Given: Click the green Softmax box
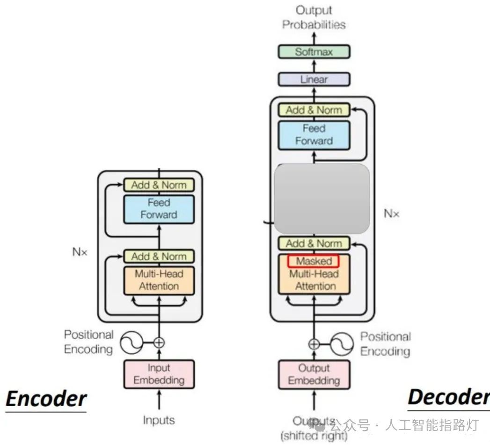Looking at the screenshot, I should pyautogui.click(x=314, y=51).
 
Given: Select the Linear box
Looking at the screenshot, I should pyautogui.click(x=314, y=79).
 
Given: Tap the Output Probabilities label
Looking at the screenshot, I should pyautogui.click(x=314, y=17).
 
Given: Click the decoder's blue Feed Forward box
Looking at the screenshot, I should pyautogui.click(x=314, y=135).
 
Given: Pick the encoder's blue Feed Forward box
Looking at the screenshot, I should pyautogui.click(x=159, y=209).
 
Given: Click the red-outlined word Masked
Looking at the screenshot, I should pyautogui.click(x=314, y=261).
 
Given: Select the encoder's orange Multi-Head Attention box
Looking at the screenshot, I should pyautogui.click(x=159, y=280).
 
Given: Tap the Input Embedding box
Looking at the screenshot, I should pyautogui.click(x=159, y=374).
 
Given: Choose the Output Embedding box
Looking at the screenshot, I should pyautogui.click(x=314, y=374).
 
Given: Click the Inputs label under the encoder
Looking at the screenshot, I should pyautogui.click(x=159, y=420).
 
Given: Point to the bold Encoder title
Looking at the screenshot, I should pyautogui.click(x=46, y=399).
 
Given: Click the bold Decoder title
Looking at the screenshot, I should pyautogui.click(x=448, y=397).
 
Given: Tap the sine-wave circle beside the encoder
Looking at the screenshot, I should pyautogui.click(x=132, y=343).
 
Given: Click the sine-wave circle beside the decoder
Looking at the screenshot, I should pyautogui.click(x=341, y=344).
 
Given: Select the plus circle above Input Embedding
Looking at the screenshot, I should pyautogui.click(x=159, y=343).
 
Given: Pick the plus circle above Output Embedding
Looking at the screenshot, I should pyautogui.click(x=314, y=344).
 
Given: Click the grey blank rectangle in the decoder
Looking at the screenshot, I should pyautogui.click(x=322, y=198).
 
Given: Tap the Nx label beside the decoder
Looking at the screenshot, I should pyautogui.click(x=392, y=214).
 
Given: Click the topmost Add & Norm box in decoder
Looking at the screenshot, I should pyautogui.click(x=314, y=110).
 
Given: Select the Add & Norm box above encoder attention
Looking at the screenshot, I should pyautogui.click(x=159, y=256).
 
